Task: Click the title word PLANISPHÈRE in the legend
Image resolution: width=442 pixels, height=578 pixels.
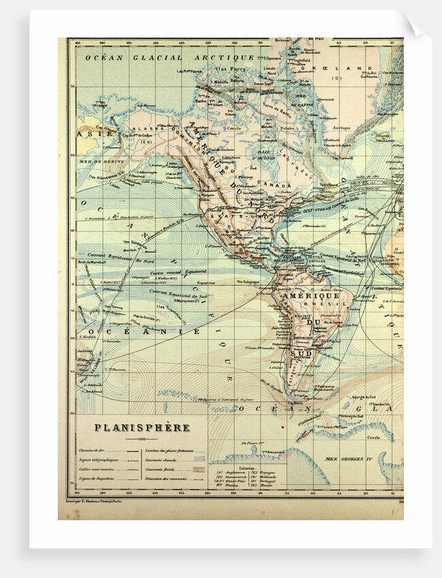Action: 141,428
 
